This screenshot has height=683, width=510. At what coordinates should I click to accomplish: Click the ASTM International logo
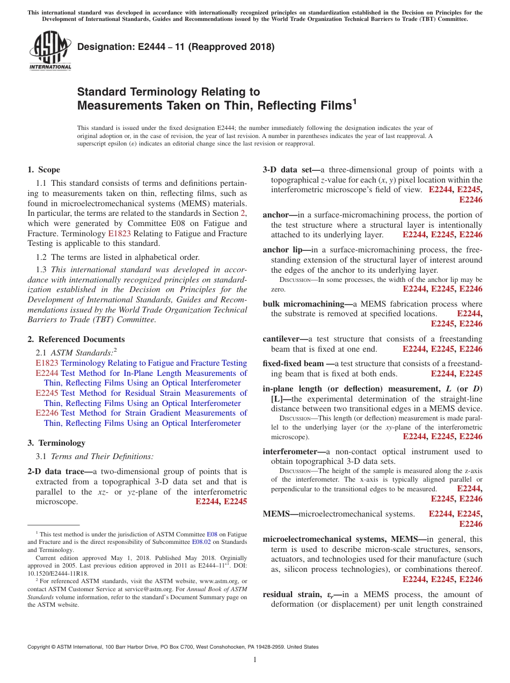(49, 50)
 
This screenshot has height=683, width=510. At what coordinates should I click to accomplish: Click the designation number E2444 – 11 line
(176, 47)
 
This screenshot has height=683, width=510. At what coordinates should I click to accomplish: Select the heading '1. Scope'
(43, 170)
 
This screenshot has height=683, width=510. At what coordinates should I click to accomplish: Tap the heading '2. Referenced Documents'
(76, 339)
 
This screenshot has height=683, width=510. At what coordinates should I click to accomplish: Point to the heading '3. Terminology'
(56, 443)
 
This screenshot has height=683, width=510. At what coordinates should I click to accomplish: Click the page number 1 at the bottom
(255, 660)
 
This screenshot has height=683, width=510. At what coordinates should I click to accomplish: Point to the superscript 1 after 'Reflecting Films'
(354, 101)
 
